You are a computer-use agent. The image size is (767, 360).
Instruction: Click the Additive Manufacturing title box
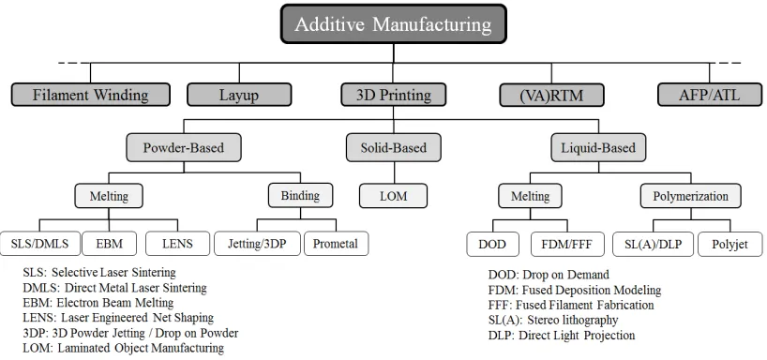[393, 24]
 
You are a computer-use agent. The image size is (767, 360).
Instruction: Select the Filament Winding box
[91, 95]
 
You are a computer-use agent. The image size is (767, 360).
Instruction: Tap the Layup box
[239, 95]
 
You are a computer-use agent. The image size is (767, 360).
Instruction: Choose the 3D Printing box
[393, 95]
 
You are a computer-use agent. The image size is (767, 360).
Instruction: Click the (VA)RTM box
[551, 95]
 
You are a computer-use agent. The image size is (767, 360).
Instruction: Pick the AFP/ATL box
[709, 95]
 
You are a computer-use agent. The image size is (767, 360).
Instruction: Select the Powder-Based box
[184, 147]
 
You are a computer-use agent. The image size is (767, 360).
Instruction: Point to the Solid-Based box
[393, 147]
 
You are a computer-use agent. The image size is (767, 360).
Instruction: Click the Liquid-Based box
[598, 147]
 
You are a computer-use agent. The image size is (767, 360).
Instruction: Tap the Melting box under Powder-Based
[109, 196]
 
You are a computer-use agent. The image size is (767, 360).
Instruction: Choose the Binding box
[300, 195]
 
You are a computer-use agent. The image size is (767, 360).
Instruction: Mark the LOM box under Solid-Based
[393, 196]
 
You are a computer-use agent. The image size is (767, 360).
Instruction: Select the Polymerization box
[691, 196]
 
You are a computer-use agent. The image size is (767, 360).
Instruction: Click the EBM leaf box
[109, 243]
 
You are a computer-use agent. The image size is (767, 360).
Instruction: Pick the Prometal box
[336, 243]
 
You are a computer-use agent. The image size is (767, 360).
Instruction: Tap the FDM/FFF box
[567, 244]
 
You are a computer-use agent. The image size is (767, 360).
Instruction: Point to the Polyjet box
[729, 244]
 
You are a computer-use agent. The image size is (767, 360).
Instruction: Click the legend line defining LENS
[118, 318]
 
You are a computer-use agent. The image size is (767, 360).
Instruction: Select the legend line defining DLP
[562, 336]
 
